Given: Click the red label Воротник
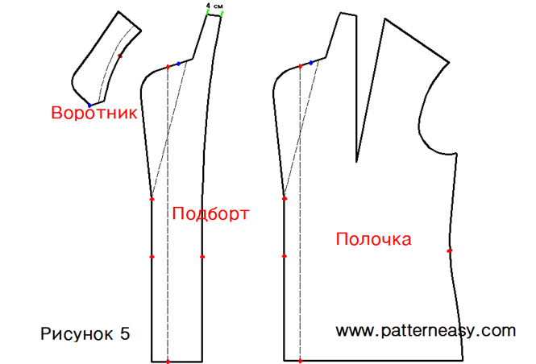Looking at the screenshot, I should tap(93, 113).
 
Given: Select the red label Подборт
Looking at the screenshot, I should tap(210, 213).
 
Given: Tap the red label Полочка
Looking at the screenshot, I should tap(373, 239).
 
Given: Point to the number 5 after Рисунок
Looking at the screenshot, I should tap(125, 333).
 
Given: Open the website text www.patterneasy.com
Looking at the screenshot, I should tap(425, 330).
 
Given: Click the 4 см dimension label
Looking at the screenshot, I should tap(214, 5).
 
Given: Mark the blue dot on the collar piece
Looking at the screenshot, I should tap(89, 105).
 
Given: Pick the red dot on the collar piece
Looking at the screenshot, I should tap(120, 56).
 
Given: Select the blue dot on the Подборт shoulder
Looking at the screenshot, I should tap(179, 63).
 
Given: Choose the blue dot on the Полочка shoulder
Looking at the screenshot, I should tap(311, 63).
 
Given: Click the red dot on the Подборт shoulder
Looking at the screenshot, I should tap(167, 66).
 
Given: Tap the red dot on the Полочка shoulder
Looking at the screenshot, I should tap(300, 66).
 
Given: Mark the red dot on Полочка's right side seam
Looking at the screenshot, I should tap(449, 250).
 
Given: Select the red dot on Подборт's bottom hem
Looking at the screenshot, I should tap(167, 362).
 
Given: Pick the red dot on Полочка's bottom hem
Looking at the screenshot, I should tap(300, 362).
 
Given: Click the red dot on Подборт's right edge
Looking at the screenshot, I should tap(202, 257).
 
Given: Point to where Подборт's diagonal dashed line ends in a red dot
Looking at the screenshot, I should tap(152, 198).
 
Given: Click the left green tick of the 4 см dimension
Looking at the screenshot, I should tap(206, 14).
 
